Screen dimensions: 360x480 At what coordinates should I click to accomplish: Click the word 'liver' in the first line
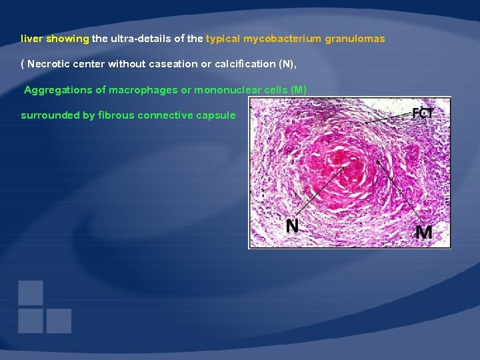[32, 39]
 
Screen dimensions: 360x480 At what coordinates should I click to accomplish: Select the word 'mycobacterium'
[282, 39]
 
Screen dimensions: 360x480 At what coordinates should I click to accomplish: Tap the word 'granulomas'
[355, 39]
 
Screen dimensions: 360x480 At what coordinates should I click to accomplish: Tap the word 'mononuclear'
[226, 89]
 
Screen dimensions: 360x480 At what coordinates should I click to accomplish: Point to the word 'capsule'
[216, 115]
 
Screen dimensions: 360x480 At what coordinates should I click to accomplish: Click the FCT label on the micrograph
[423, 113]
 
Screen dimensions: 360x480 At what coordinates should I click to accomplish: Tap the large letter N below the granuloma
[293, 226]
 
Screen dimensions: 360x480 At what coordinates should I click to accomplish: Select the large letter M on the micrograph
[423, 232]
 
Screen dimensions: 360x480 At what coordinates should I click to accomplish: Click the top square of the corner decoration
[31, 293]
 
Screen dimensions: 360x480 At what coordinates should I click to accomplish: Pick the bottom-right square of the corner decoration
[59, 321]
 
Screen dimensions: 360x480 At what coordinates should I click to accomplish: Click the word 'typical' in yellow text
[223, 39]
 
